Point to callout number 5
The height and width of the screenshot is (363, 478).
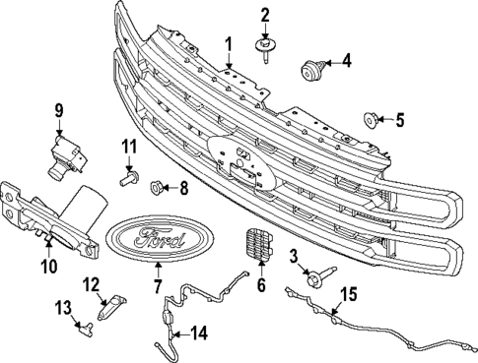(x=399, y=121)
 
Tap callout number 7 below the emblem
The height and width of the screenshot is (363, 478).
(x=156, y=286)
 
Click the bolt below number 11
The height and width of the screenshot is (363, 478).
(x=126, y=179)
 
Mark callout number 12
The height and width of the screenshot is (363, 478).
(x=90, y=285)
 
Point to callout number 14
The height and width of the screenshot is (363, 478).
(x=200, y=333)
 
